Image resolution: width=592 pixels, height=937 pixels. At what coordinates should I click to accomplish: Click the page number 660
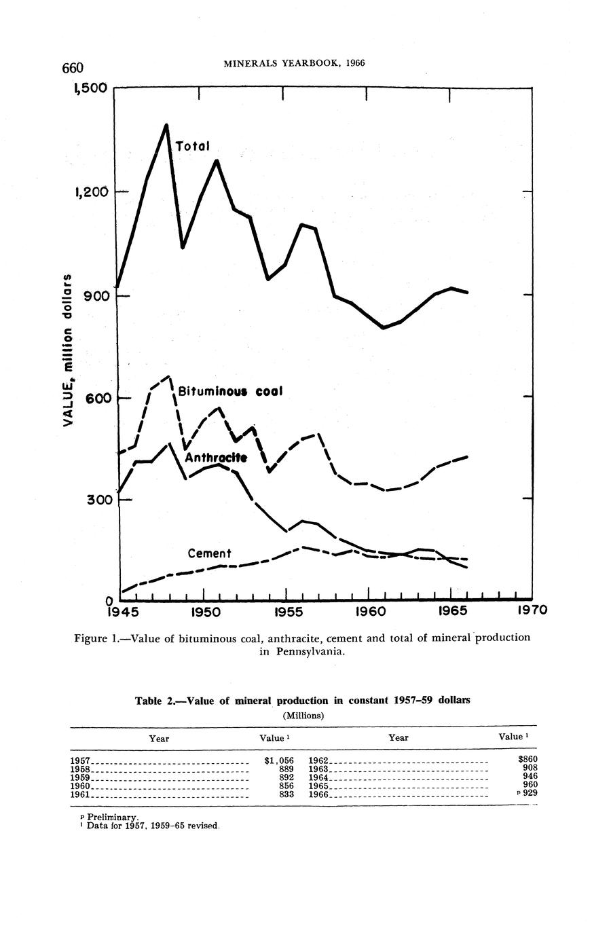(72, 67)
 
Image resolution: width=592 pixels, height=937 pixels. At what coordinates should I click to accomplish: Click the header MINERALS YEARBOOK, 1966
(294, 63)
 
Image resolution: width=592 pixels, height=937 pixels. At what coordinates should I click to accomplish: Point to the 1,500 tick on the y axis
(92, 89)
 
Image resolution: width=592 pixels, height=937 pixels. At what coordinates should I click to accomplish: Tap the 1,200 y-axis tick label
(92, 192)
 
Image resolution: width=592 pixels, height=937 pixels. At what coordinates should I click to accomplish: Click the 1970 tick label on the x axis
(532, 611)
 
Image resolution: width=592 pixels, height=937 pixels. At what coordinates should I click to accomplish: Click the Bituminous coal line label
(229, 392)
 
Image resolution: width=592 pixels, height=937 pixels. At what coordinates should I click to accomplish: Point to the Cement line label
(210, 553)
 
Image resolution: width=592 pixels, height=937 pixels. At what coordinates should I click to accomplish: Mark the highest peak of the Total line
(166, 125)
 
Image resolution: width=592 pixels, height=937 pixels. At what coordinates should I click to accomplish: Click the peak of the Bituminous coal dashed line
(169, 376)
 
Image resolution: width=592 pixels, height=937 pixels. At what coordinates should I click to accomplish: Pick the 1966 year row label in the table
(318, 794)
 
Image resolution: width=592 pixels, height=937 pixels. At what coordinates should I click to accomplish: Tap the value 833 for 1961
(286, 794)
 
